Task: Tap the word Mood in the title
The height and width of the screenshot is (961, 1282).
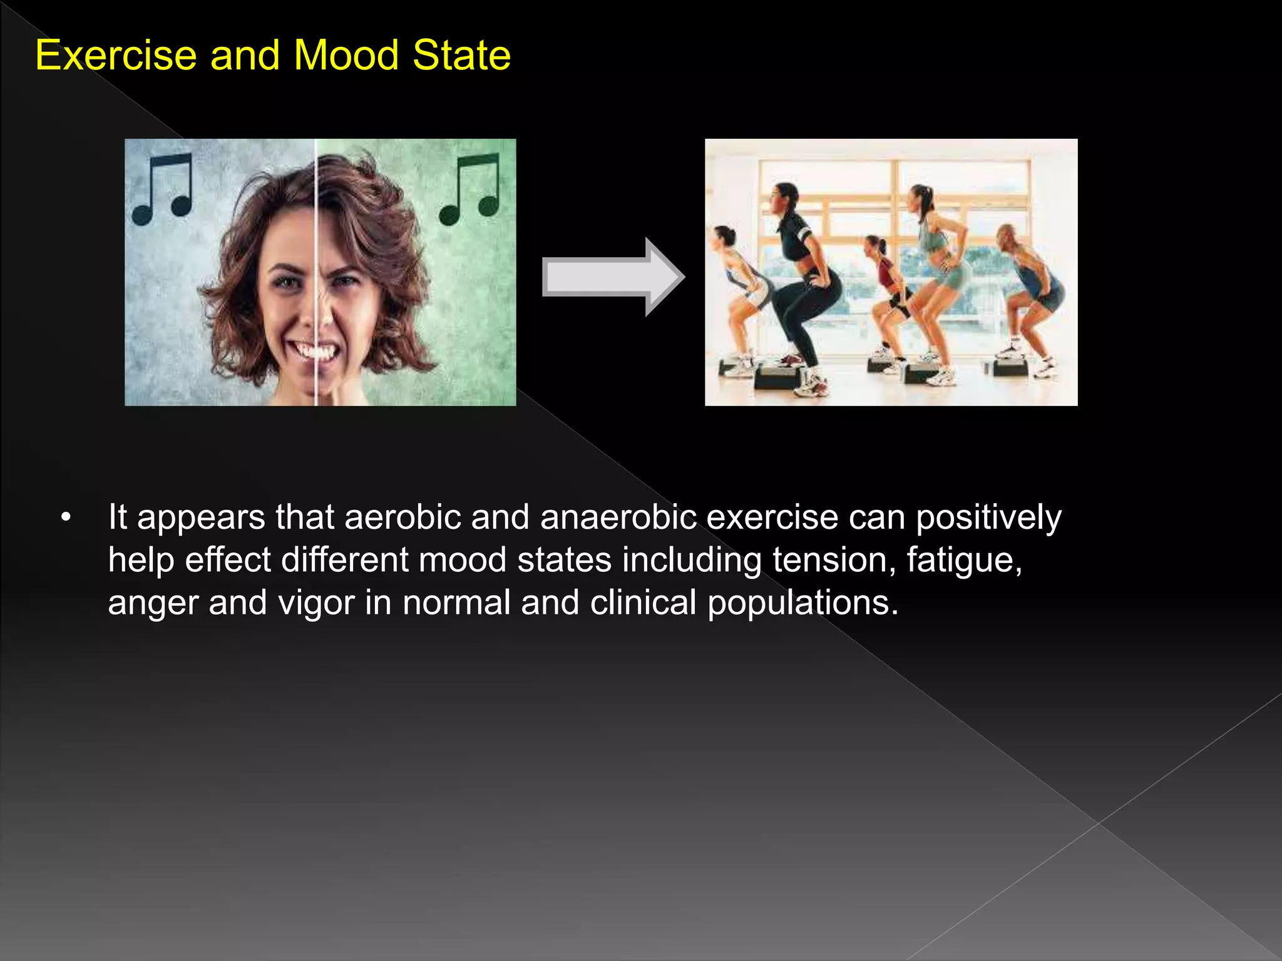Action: point(346,55)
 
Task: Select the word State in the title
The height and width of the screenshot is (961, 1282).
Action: point(461,55)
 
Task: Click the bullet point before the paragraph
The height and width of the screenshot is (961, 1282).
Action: point(66,517)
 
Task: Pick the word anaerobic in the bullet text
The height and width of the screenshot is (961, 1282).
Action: point(618,517)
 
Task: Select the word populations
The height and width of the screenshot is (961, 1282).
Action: point(803,603)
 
